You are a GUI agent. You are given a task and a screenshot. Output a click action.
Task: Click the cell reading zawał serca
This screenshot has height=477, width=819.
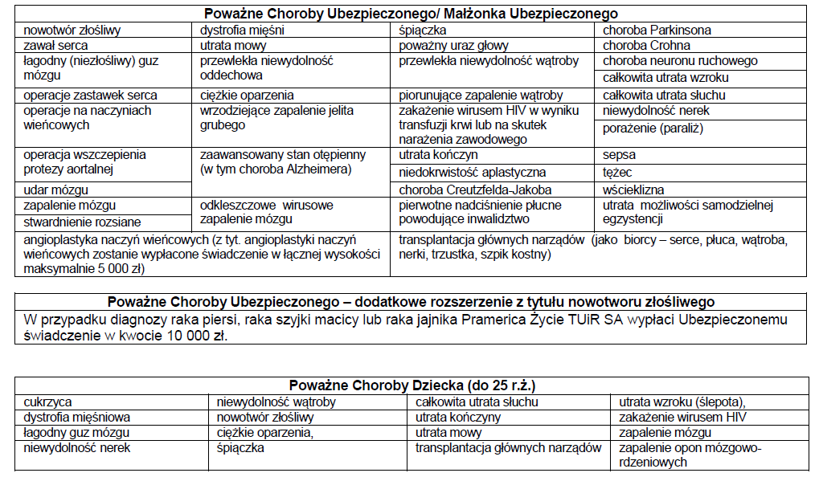pyautogui.click(x=55, y=46)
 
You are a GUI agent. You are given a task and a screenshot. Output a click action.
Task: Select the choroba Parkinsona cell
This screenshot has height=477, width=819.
pyautogui.click(x=657, y=31)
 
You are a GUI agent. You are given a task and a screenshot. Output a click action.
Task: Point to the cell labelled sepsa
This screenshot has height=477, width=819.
pyautogui.click(x=619, y=155)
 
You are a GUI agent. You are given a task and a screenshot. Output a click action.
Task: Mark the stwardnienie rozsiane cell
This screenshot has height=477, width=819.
pyautogui.click(x=82, y=222)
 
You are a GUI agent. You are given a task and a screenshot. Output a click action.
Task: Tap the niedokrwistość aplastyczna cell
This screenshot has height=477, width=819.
pyautogui.click(x=473, y=172)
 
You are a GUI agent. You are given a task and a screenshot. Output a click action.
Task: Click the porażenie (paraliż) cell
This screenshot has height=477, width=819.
pyautogui.click(x=653, y=128)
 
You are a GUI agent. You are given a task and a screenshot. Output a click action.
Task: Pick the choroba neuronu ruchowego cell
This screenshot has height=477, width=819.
pyautogui.click(x=680, y=61)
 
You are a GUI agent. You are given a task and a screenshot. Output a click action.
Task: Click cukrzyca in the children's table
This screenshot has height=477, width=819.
pyautogui.click(x=47, y=402)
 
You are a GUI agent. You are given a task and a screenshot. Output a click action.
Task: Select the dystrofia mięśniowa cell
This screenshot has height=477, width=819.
pyautogui.click(x=77, y=418)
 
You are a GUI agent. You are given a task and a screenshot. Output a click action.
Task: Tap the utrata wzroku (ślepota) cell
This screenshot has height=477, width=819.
pyautogui.click(x=682, y=402)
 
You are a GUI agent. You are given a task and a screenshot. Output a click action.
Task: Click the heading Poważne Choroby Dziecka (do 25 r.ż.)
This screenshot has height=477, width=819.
pyautogui.click(x=412, y=385)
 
